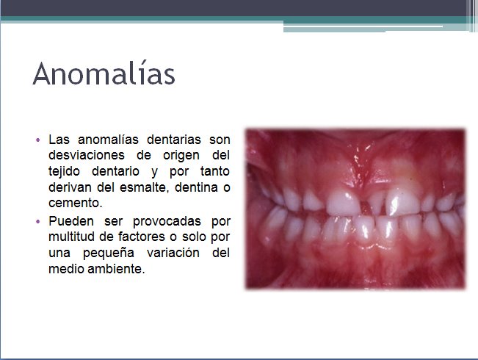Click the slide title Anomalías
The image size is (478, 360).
(104, 75)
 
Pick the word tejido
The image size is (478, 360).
(65, 171)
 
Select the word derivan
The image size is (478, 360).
(68, 187)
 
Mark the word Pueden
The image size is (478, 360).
(68, 220)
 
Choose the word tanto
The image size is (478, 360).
(214, 171)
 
